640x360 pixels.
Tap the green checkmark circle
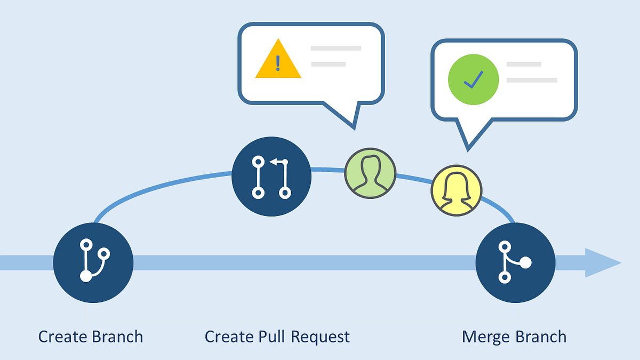pos(473,79)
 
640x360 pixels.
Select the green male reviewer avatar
pos(370,173)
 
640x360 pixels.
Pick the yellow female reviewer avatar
pos(457,190)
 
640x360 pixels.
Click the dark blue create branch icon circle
pos(93,262)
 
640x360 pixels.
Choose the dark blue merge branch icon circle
pos(515,262)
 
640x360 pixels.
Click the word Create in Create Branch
pos(62,337)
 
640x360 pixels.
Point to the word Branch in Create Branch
pos(118,337)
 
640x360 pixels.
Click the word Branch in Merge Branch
pos(541,337)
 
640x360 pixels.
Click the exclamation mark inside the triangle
pos(277,63)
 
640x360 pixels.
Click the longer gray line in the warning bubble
pos(335,48)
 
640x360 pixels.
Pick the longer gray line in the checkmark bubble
pos(531,80)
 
